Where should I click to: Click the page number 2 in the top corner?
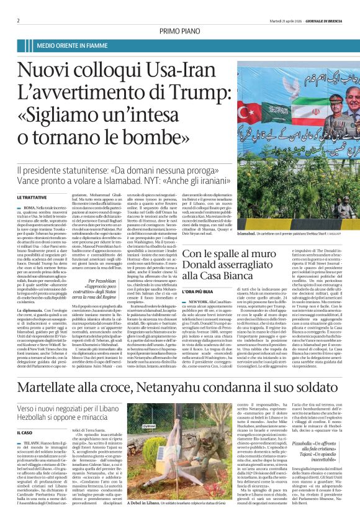click(19, 20)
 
